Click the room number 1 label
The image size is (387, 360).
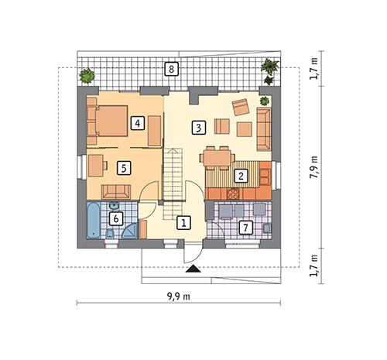pyautogui.click(x=183, y=223)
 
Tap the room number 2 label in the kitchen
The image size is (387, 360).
pyautogui.click(x=241, y=176)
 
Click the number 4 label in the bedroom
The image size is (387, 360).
pyautogui.click(x=136, y=122)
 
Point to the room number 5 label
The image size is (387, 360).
pyautogui.click(x=122, y=166)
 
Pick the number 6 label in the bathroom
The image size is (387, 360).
pyautogui.click(x=115, y=219)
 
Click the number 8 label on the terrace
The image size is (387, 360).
pyautogui.click(x=171, y=70)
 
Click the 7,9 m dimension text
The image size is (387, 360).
pyautogui.click(x=313, y=170)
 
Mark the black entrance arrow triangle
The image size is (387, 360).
pyautogui.click(x=193, y=269)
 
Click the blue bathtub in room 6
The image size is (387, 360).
pyautogui.click(x=91, y=221)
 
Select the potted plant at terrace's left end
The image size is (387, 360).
pyautogui.click(x=87, y=76)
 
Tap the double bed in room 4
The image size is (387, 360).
pyautogui.click(x=109, y=121)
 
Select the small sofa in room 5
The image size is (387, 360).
pyautogui.click(x=116, y=191)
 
